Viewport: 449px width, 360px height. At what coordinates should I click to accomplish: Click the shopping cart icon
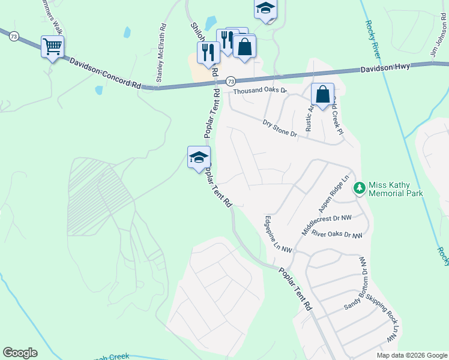52,46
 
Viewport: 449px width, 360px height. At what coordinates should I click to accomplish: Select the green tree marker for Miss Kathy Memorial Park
360,188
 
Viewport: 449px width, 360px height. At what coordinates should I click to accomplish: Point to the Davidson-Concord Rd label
105,73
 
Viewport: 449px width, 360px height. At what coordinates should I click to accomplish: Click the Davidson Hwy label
385,68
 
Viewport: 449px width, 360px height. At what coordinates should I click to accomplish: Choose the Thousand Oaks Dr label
261,91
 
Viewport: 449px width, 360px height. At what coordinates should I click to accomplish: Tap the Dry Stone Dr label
280,128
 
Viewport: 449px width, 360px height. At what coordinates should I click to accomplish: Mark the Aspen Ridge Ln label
334,192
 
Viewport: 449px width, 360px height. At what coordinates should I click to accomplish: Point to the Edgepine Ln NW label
278,233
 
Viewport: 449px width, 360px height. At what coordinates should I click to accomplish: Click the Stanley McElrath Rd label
161,53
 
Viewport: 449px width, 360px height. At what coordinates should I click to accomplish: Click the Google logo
20,353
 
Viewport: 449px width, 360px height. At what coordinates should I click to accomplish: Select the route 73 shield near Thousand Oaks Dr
231,80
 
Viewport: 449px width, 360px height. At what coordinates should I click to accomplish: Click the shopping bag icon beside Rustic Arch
322,94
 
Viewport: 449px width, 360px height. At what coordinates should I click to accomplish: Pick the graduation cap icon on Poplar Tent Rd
199,158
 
